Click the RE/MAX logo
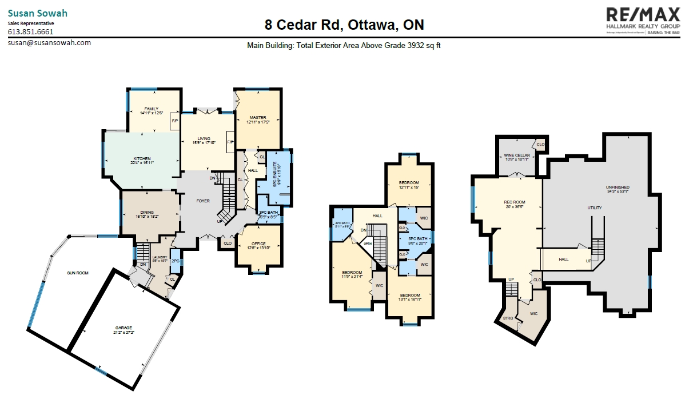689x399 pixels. (643, 21)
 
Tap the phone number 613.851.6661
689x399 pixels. (31, 32)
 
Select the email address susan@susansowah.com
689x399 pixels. (49, 42)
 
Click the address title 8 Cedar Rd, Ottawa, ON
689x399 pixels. (344, 25)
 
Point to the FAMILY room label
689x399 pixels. (152, 109)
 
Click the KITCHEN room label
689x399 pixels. (142, 158)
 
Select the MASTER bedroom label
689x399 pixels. (258, 118)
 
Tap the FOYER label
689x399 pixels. (203, 201)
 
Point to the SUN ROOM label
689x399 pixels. (78, 273)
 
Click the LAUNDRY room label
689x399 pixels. (160, 258)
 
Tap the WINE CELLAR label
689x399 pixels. (516, 155)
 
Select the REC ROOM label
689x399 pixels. (515, 202)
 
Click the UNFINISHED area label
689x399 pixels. (618, 187)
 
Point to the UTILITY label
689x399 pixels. (595, 208)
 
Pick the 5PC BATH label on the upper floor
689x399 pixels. (418, 239)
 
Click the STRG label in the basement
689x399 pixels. (508, 318)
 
